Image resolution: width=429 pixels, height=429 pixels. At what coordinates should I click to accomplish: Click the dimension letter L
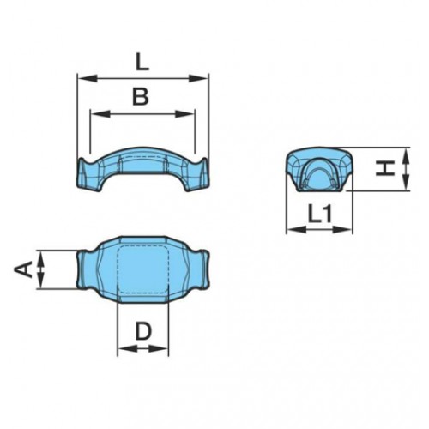(142, 61)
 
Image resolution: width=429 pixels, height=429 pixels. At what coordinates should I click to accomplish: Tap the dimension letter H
(387, 169)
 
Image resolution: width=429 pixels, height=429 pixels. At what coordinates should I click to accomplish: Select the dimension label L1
(320, 214)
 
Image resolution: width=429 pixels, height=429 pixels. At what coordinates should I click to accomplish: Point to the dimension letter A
(26, 270)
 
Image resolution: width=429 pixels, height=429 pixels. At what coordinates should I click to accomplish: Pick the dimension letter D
(143, 330)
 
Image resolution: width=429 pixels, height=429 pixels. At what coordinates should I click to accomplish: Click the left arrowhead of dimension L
(82, 79)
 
